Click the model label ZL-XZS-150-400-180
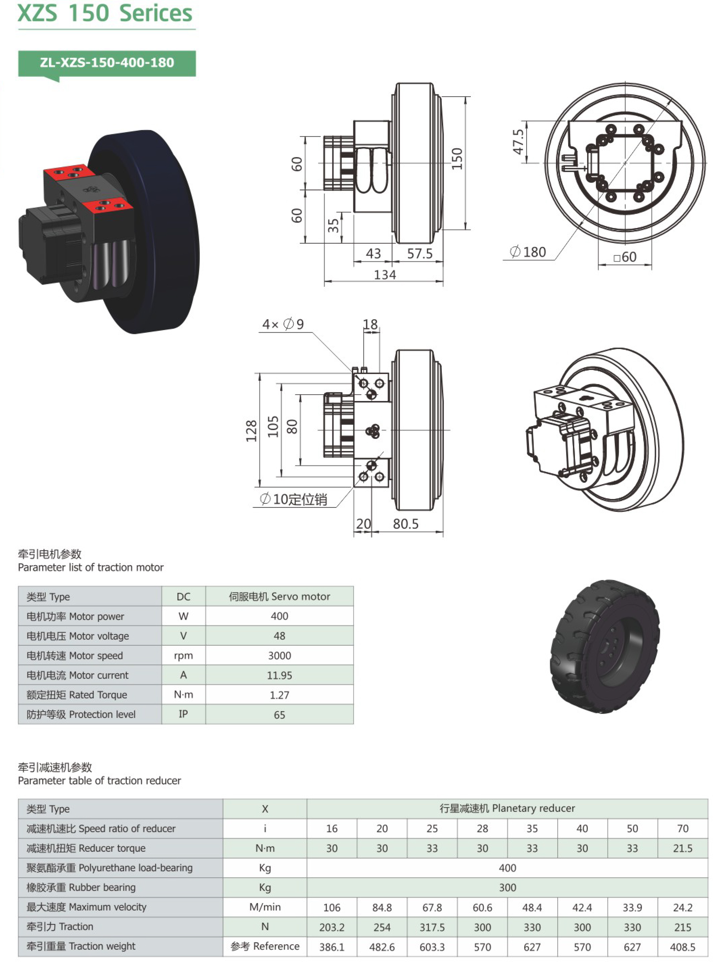107,63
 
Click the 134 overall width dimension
385,275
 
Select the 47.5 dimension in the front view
518,142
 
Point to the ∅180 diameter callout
528,252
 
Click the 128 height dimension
251,431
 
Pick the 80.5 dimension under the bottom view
405,524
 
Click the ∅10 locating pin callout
293,499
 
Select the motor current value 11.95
279,675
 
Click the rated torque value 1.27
279,695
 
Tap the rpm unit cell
183,655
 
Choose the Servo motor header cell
279,596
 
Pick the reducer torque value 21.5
682,848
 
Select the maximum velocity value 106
332,907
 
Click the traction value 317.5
432,927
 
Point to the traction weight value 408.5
682,947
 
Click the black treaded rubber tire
605,647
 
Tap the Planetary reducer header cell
507,808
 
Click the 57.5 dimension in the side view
419,254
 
